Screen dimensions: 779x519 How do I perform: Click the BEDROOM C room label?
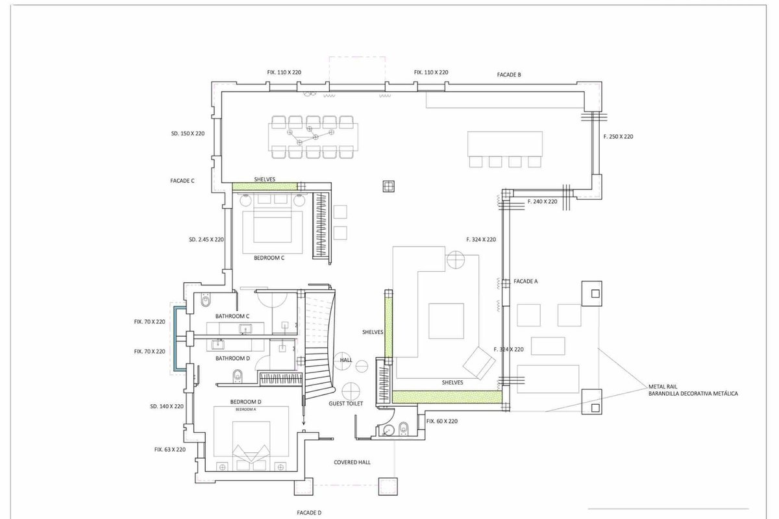[x=269, y=258]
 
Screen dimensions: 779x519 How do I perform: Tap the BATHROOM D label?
[x=232, y=358]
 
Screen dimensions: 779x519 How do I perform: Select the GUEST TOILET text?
[x=345, y=404]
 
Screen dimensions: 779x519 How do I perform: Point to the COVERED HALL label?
[x=352, y=463]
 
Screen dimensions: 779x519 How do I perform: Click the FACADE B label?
[x=509, y=75]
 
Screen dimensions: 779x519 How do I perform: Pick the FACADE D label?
[x=309, y=513]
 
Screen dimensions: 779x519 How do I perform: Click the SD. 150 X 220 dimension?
[x=188, y=134]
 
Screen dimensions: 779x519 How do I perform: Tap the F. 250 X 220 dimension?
[x=618, y=137]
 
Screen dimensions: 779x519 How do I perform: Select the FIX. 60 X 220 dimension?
[x=442, y=421]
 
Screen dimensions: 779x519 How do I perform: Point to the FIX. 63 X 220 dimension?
[x=170, y=450]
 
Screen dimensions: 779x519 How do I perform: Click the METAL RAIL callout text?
[x=663, y=387]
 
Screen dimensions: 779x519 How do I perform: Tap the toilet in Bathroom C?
[x=206, y=301]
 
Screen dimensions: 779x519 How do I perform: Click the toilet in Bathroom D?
[x=238, y=376]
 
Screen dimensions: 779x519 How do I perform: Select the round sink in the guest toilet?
[x=387, y=431]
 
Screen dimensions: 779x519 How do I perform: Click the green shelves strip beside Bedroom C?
[x=265, y=187]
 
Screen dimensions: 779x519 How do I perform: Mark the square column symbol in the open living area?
[x=388, y=186]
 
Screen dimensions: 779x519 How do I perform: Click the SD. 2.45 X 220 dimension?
[x=206, y=239]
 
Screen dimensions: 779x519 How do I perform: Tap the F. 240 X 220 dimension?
[x=542, y=202]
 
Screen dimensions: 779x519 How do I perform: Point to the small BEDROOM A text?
[x=246, y=409]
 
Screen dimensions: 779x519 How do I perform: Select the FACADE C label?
[x=182, y=181]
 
